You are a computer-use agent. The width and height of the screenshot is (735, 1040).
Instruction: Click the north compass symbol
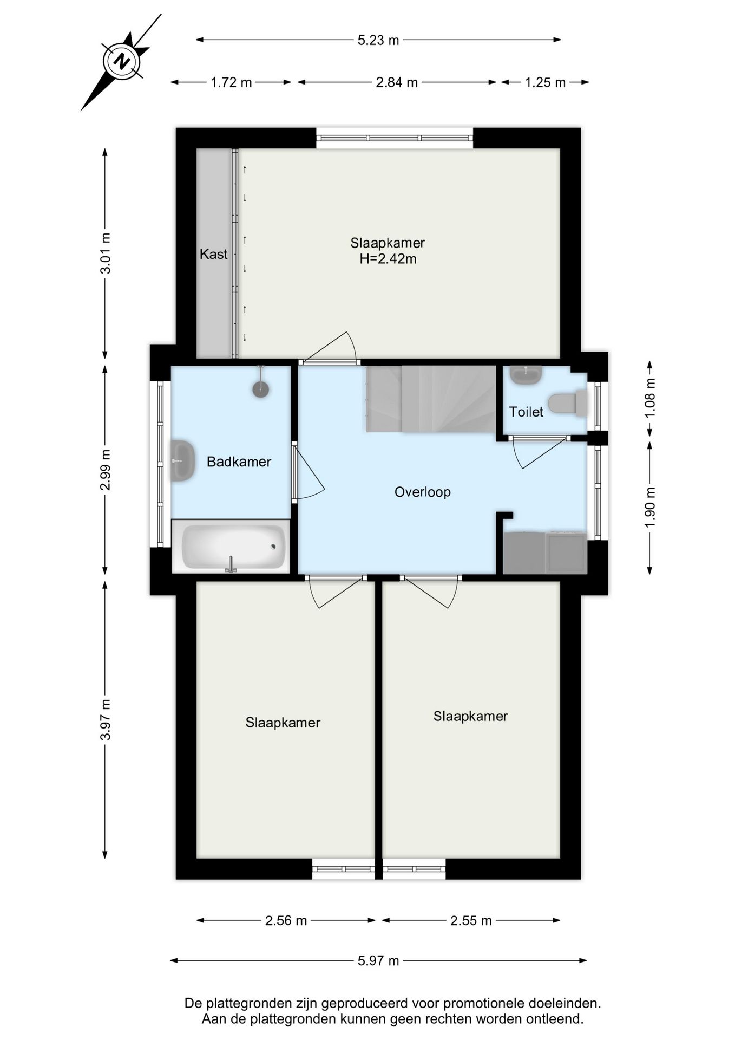click(x=122, y=61)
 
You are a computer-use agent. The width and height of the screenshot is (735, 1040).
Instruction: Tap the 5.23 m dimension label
click(x=378, y=40)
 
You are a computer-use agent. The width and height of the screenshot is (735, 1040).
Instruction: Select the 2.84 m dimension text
click(x=397, y=82)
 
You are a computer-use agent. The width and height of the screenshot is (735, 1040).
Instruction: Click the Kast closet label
click(x=213, y=254)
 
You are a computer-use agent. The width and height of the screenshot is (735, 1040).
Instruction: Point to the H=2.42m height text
click(x=388, y=259)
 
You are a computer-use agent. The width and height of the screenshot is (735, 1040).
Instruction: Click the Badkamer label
click(x=239, y=462)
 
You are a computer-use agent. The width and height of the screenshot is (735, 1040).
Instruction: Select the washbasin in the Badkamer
click(x=183, y=460)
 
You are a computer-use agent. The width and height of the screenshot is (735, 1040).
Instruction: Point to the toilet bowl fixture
click(x=567, y=404)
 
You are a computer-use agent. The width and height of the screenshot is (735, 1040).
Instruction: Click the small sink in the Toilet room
click(x=526, y=374)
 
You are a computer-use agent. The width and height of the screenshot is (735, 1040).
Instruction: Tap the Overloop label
click(x=422, y=492)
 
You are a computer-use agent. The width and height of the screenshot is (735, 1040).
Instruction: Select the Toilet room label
click(x=526, y=412)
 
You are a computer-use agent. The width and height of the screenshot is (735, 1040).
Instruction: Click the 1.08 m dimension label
click(x=650, y=397)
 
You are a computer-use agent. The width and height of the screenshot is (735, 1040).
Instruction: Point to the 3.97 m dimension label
click(x=105, y=719)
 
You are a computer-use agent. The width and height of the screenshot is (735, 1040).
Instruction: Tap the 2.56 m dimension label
click(x=286, y=921)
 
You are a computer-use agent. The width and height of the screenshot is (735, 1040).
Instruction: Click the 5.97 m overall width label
click(x=378, y=961)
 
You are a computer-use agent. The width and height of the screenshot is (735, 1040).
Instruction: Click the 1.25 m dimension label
click(x=545, y=82)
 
